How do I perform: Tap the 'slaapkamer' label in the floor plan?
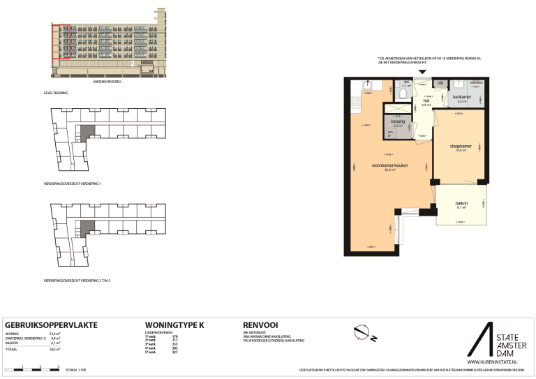[x=461, y=147]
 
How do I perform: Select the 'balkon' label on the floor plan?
[x=461, y=203]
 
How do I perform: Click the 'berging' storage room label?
[x=397, y=122]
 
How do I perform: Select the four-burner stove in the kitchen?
[x=355, y=105]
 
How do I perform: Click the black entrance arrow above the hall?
[x=421, y=73]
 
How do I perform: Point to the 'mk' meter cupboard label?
[x=440, y=84]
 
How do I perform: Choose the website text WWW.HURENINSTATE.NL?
[x=491, y=362]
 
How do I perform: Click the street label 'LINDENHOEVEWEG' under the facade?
[x=107, y=82]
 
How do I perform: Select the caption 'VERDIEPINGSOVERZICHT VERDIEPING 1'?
[x=72, y=184]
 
